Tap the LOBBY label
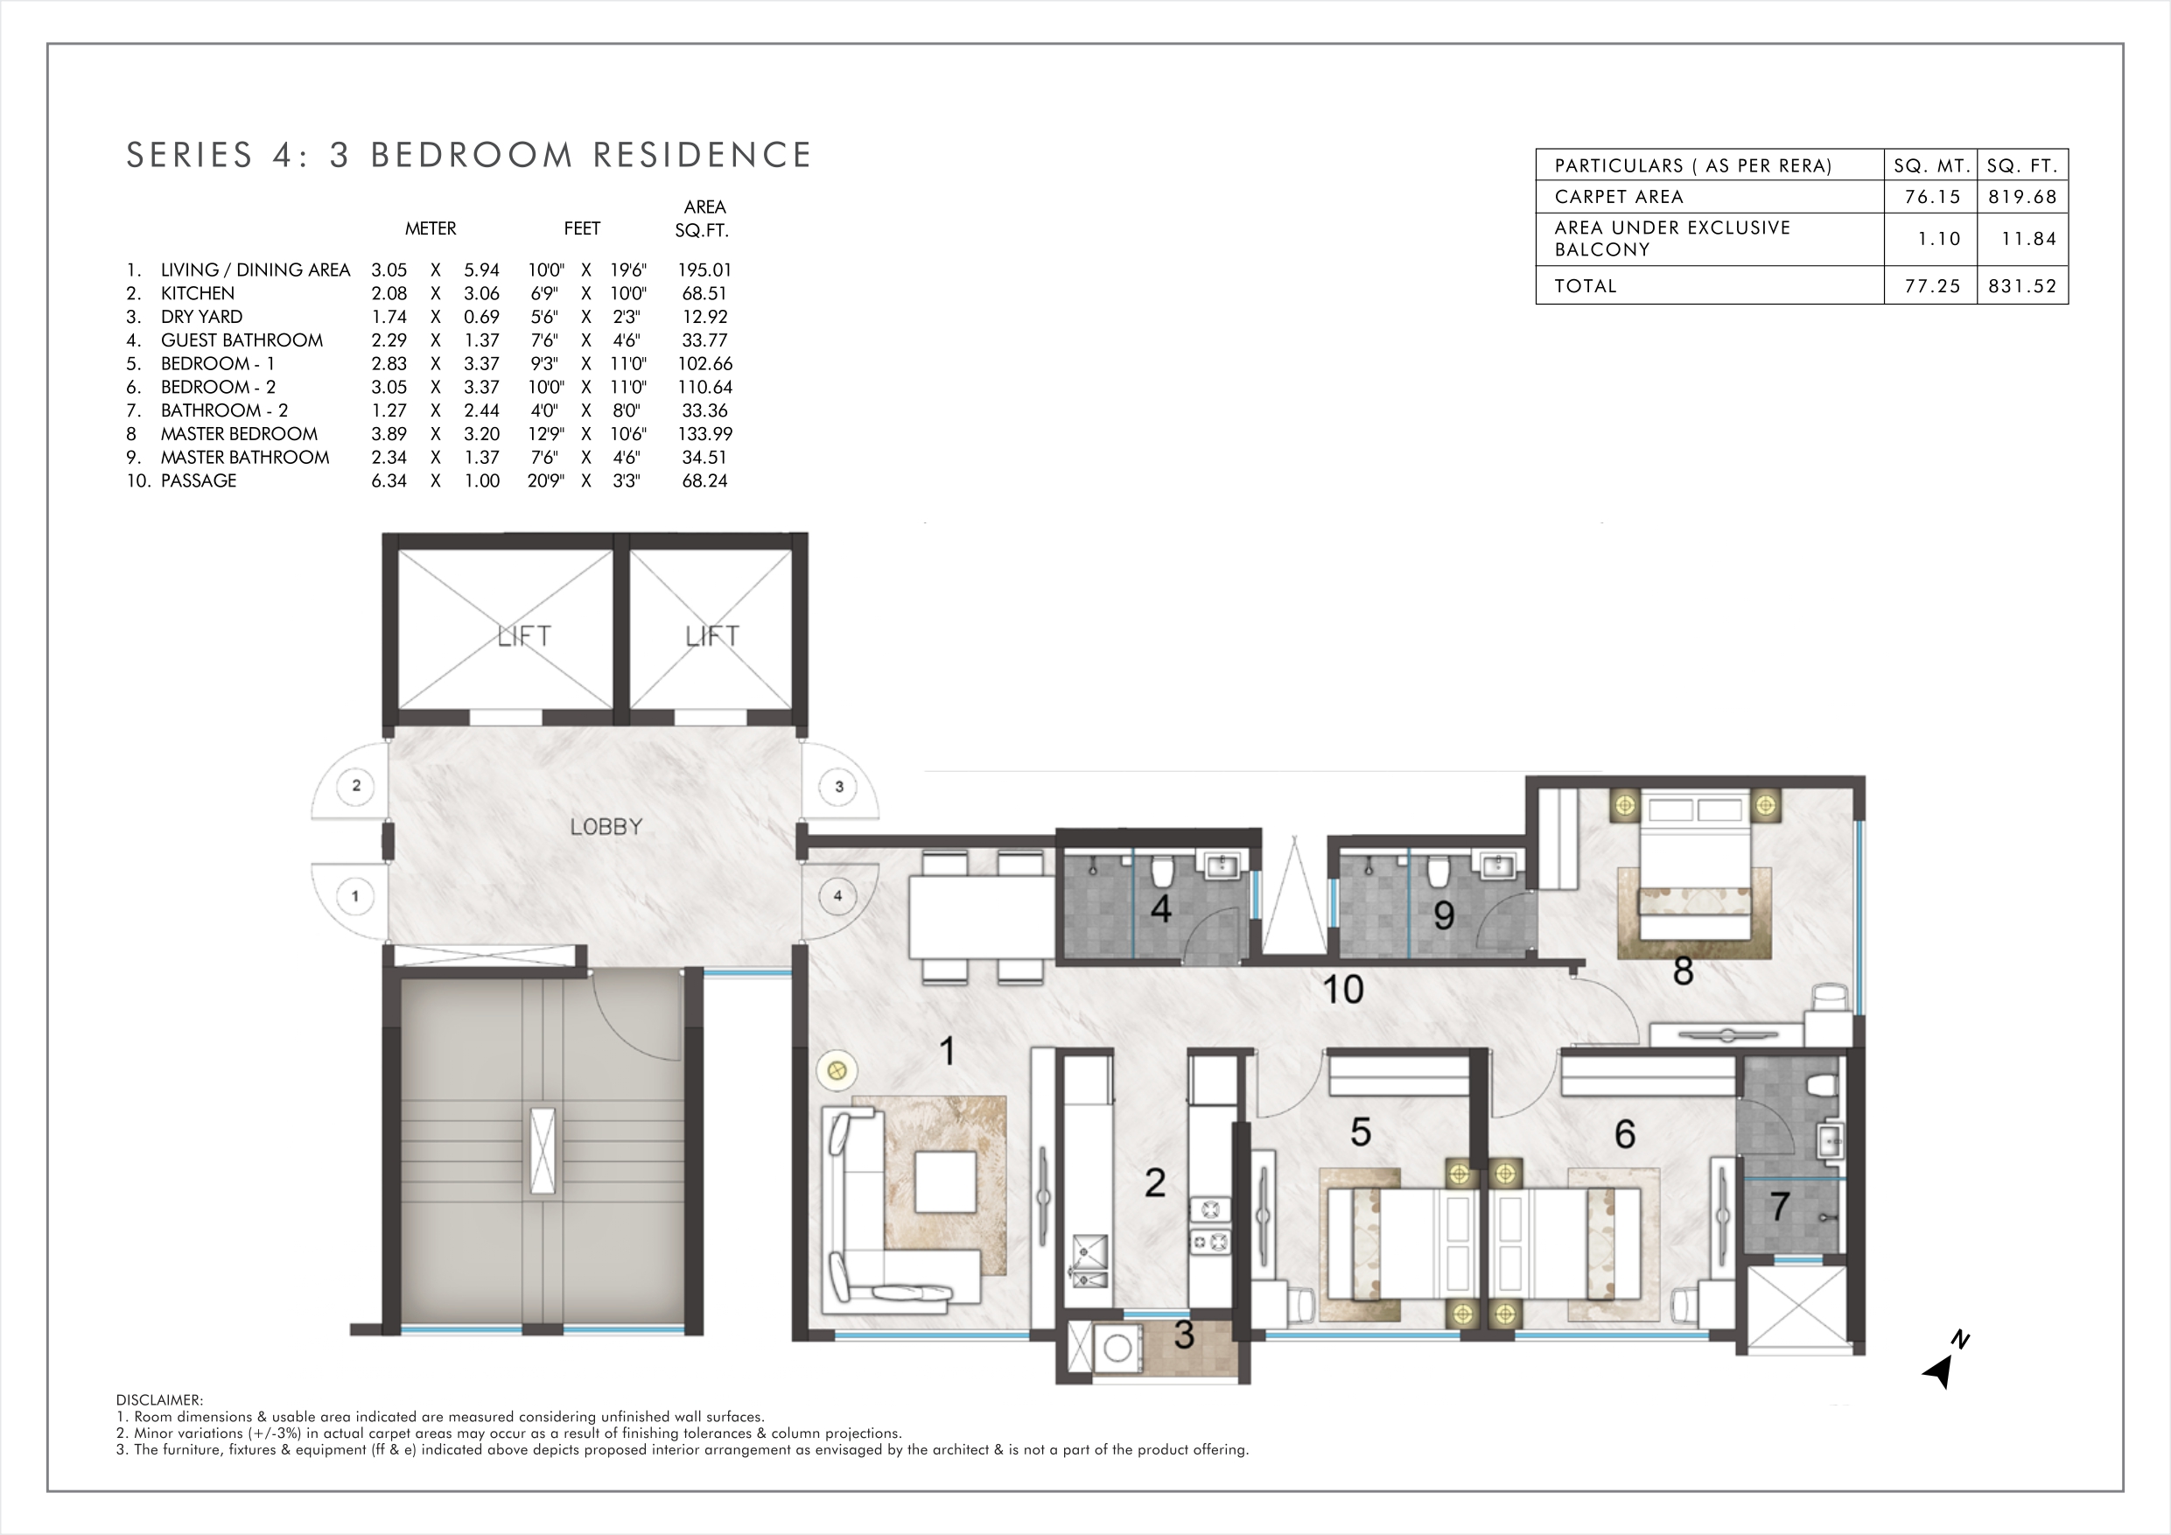click(606, 827)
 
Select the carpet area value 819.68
click(2022, 197)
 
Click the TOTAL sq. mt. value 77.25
click(1932, 285)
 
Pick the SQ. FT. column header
click(2022, 165)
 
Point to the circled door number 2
click(356, 785)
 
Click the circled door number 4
click(837, 895)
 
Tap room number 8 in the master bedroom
click(1683, 971)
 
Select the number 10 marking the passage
click(1342, 989)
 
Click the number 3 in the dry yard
click(1184, 1335)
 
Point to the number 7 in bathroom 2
click(1780, 1206)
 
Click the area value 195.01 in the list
click(704, 270)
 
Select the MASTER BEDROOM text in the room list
click(239, 434)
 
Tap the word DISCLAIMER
click(159, 1399)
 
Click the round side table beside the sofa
click(836, 1071)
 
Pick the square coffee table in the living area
click(946, 1181)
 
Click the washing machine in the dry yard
click(1117, 1348)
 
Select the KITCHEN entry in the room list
click(198, 293)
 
